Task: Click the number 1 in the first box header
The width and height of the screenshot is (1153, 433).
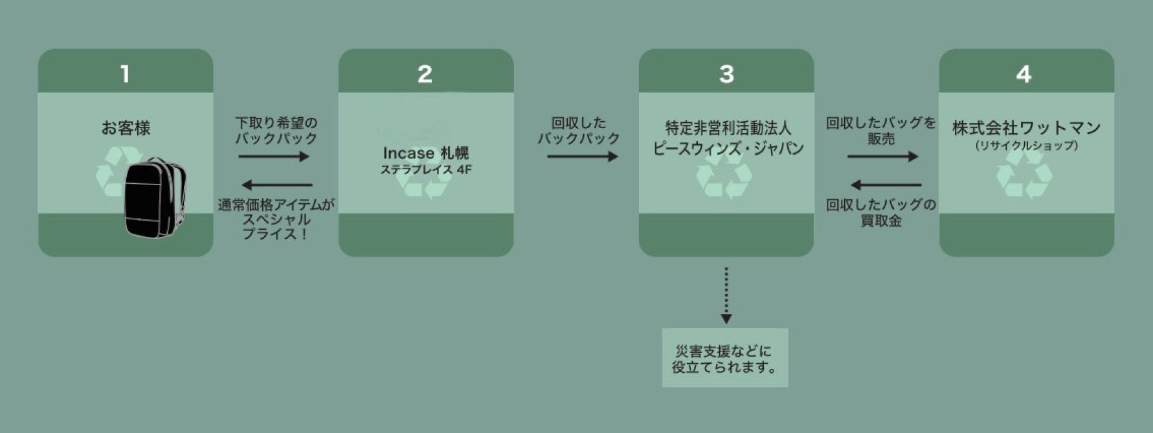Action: [x=125, y=74]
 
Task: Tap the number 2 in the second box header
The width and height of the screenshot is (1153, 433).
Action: [x=425, y=74]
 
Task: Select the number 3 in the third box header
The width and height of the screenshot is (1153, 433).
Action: [x=726, y=74]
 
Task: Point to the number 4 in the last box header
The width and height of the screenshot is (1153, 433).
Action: [x=1024, y=74]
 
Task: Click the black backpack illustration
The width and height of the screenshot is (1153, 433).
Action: [x=154, y=197]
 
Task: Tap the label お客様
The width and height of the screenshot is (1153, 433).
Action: [x=126, y=128]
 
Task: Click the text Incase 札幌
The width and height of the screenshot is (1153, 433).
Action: [x=425, y=153]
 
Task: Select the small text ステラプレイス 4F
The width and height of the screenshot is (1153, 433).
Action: [x=425, y=170]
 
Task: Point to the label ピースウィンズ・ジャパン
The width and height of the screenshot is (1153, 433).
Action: [x=728, y=148]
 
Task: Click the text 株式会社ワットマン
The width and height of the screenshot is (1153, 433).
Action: [x=1026, y=128]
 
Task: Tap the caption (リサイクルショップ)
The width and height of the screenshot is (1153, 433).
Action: [x=1026, y=146]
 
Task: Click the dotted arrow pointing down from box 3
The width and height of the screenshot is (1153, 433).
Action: [x=726, y=294]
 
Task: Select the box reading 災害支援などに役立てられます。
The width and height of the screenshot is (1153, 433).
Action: [x=725, y=358]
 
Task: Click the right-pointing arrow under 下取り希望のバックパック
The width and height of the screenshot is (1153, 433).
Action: [x=273, y=156]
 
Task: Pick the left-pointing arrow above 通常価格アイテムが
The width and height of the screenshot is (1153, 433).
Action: [x=277, y=185]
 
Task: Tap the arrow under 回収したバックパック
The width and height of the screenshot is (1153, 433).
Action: [x=582, y=156]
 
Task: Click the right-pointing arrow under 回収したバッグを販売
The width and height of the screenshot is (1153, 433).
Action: [x=882, y=156]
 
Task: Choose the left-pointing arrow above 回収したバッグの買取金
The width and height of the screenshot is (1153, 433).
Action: [x=885, y=185]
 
